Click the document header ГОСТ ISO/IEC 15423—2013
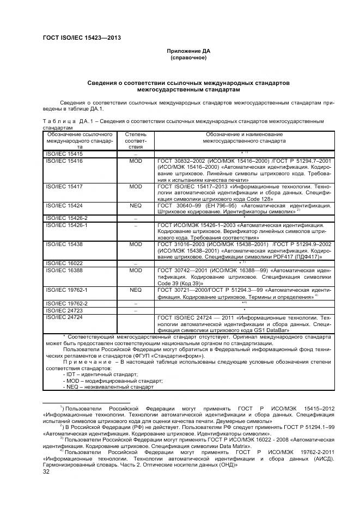tap(81, 38)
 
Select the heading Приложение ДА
tap(188, 51)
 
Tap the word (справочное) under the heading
tap(188, 57)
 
